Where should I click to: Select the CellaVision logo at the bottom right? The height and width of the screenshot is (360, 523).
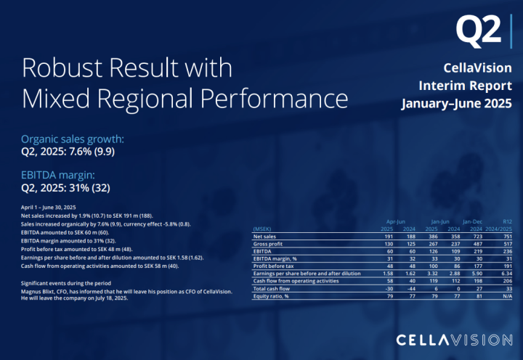[454, 340]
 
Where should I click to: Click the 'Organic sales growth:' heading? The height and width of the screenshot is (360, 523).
[73, 139]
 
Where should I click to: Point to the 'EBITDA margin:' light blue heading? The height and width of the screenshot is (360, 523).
[58, 175]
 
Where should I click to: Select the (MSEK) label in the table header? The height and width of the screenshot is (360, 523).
[263, 229]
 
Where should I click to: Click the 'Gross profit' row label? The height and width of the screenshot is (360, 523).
[268, 245]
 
